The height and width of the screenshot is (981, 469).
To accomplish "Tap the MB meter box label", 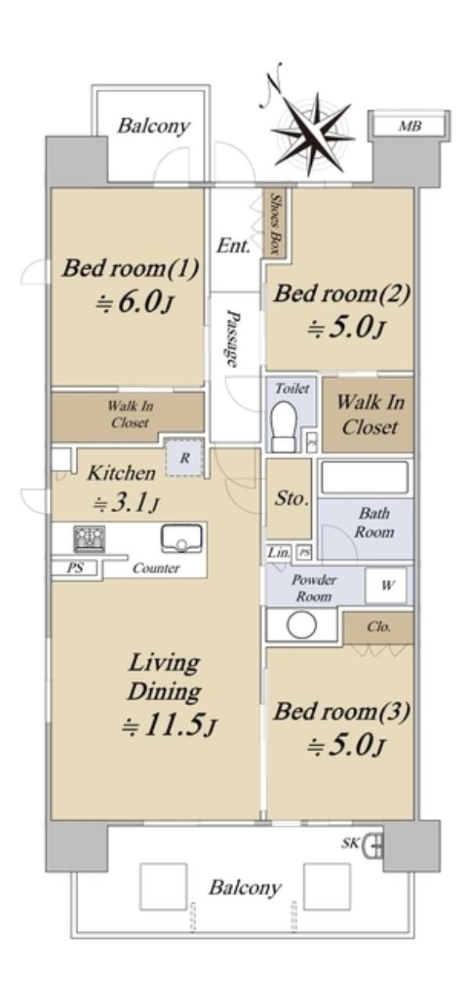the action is (410, 127).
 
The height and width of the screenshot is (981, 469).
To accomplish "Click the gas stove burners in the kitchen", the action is (89, 539).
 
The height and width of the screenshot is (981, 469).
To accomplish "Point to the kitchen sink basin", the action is (181, 538).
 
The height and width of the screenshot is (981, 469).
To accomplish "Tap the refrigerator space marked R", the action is (184, 457).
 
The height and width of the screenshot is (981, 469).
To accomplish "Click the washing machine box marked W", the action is (387, 585).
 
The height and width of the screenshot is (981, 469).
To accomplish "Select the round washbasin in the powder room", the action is (303, 625).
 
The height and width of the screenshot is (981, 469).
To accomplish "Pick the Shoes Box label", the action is (275, 224).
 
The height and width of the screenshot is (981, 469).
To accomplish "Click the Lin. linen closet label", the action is (279, 553).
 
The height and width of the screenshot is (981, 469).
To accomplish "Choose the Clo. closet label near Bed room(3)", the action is (379, 627).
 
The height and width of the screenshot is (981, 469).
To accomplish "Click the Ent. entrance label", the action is (234, 245).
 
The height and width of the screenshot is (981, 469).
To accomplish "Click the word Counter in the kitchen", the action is (156, 568).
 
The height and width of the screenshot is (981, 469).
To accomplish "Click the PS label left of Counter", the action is (75, 568).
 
